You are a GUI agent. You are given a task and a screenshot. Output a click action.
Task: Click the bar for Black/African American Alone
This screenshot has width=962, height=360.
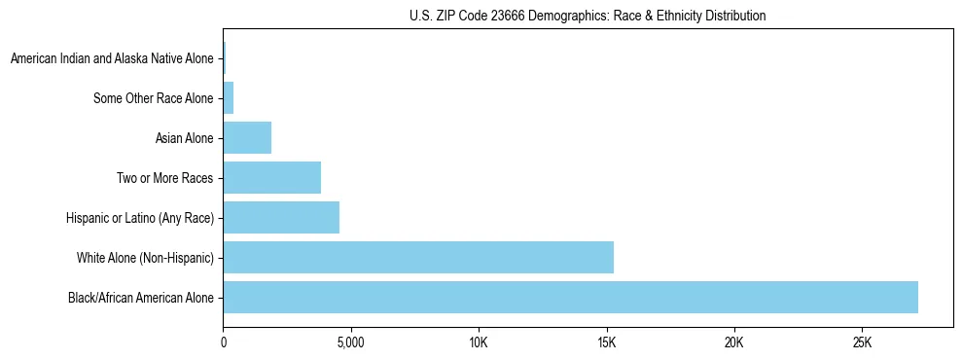tap(570, 297)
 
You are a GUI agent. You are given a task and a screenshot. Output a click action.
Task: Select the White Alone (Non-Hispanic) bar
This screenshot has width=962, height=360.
tap(418, 257)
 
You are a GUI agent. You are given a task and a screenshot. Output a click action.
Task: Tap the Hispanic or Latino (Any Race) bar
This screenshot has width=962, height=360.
tap(281, 217)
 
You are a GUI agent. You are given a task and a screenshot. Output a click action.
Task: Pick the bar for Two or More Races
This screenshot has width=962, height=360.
tap(271, 177)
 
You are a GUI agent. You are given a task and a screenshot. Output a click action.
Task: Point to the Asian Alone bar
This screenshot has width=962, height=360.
tap(247, 138)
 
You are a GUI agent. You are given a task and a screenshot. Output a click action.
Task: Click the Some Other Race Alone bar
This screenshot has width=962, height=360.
tap(229, 98)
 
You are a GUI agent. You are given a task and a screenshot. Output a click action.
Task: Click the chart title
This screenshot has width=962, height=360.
tap(588, 16)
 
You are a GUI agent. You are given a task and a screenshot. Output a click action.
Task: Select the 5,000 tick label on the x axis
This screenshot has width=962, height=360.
tap(350, 343)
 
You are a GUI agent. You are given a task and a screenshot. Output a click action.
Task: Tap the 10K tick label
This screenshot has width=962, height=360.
tap(479, 343)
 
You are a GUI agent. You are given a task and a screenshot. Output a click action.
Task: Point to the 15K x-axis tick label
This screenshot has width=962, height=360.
tap(607, 343)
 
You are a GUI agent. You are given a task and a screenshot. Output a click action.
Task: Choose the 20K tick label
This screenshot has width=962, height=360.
tap(734, 343)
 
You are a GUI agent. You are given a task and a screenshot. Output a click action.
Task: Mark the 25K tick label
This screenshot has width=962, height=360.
tap(862, 343)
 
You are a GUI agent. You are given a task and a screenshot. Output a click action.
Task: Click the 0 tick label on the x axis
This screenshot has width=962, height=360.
tap(224, 343)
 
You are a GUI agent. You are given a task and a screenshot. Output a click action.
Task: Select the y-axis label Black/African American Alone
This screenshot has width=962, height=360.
tap(140, 298)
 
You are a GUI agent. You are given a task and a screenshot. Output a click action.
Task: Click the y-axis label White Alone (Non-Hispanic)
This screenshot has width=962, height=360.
tap(145, 258)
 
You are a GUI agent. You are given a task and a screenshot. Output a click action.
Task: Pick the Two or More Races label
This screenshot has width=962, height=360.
tap(164, 178)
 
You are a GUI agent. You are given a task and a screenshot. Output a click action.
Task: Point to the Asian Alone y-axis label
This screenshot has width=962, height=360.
tap(184, 138)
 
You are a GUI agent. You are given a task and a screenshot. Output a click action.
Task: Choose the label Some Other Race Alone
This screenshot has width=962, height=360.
tap(153, 98)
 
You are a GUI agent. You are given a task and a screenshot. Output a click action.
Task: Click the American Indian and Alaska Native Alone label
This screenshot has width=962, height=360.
tap(112, 59)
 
